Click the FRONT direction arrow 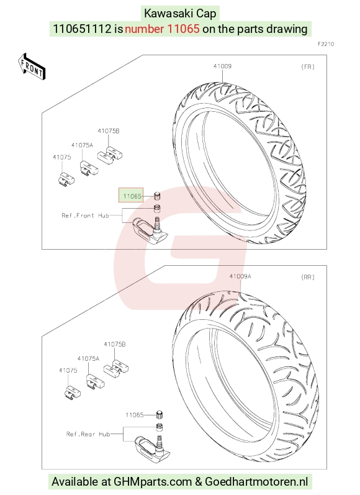32,66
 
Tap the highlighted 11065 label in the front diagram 131,196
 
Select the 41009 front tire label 222,66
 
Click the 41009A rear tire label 240,276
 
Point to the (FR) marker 308,66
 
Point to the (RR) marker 308,277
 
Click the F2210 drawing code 326,44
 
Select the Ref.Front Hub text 85,216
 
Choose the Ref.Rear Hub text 88,434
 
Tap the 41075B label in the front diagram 108,130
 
